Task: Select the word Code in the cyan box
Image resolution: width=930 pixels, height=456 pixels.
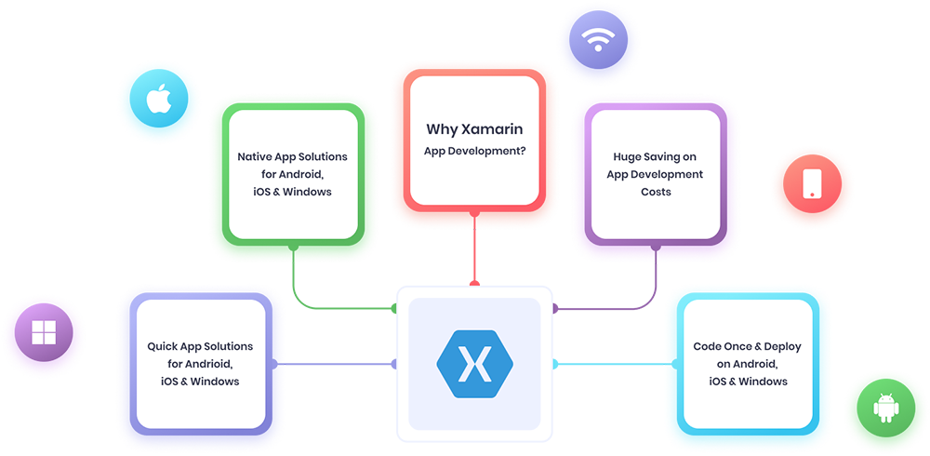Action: tap(708, 346)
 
